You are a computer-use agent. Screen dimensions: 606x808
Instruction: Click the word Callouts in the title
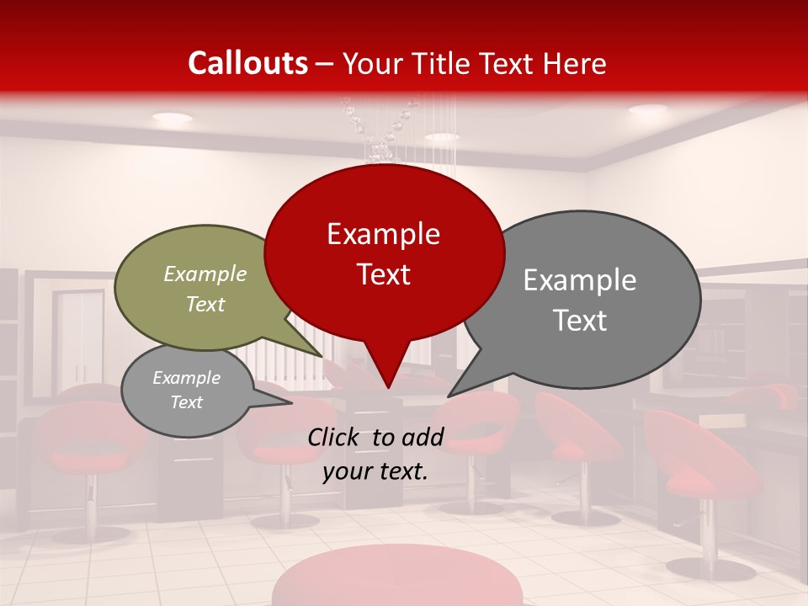247,63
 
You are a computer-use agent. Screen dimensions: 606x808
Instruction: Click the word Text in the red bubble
383,274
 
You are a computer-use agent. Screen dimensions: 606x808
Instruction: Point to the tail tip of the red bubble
387,388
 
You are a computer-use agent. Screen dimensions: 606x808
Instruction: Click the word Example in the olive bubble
205,274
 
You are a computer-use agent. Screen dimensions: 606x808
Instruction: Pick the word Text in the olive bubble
205,304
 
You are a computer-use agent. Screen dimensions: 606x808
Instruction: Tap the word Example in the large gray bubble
580,279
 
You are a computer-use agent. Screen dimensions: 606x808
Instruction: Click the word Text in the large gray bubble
580,320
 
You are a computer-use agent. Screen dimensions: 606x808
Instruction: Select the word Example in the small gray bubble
187,378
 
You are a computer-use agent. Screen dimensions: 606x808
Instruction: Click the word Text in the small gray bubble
187,402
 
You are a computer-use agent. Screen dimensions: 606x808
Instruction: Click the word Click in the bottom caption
335,437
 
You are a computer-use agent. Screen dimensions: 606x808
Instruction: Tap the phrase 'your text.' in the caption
375,471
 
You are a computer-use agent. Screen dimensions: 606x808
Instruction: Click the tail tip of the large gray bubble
449,396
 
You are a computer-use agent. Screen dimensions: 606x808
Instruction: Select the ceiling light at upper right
647,110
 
